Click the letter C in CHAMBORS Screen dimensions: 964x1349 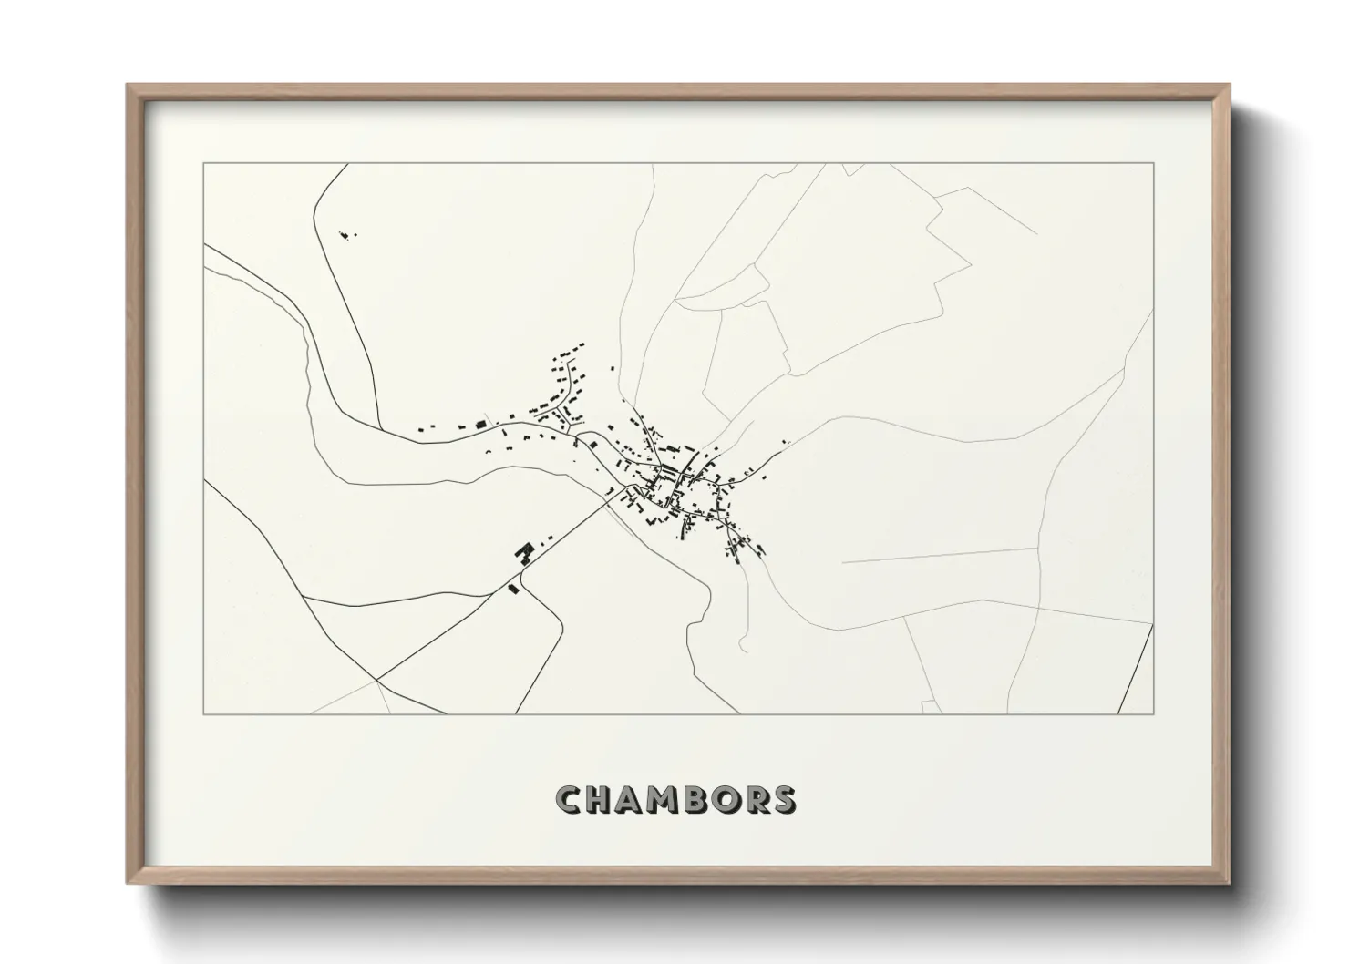click(568, 799)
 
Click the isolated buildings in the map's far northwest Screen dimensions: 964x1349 click(345, 236)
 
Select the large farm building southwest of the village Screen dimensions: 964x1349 click(524, 552)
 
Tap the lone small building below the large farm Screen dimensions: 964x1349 click(513, 589)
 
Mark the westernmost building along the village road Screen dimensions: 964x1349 click(420, 429)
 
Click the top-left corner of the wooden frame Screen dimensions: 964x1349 click(128, 86)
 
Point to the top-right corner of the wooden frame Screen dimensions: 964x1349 click(1229, 86)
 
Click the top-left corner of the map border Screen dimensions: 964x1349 click(204, 163)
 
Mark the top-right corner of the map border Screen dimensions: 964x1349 click(1153, 163)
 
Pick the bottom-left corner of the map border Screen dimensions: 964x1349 click(204, 713)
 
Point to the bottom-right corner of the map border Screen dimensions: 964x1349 click(1153, 713)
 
